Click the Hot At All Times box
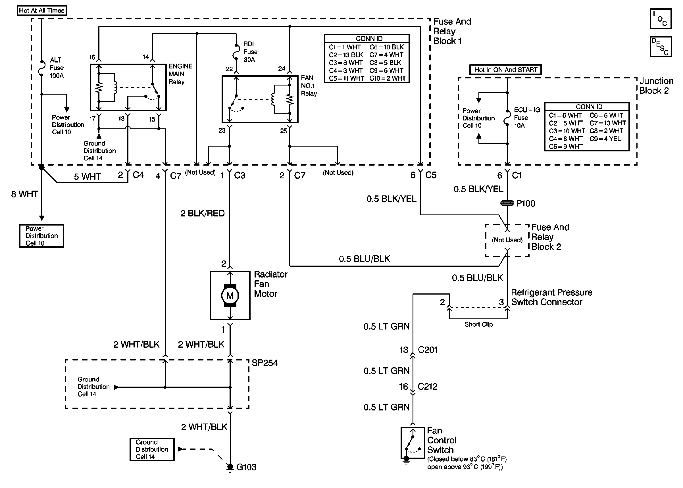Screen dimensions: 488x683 (41, 11)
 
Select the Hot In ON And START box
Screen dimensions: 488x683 (505, 70)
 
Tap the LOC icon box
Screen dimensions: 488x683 (661, 19)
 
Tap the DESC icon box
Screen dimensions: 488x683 (661, 47)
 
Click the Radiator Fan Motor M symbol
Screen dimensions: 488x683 (230, 296)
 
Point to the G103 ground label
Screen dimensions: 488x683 (246, 467)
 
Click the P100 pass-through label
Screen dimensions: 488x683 (526, 203)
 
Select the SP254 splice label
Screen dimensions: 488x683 (265, 363)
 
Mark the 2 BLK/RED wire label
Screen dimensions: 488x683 (202, 213)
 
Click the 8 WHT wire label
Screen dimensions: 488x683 (25, 194)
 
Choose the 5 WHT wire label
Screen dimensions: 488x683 (88, 176)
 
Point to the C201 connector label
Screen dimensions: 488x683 (427, 350)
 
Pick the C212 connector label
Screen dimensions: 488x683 (427, 386)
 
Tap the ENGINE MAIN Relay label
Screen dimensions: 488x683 (180, 74)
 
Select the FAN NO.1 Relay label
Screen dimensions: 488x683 (309, 85)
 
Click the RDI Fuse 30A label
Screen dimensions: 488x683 (250, 52)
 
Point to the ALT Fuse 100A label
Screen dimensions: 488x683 (57, 68)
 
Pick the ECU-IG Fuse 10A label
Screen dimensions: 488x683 (526, 118)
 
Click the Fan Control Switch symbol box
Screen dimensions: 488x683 (412, 442)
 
